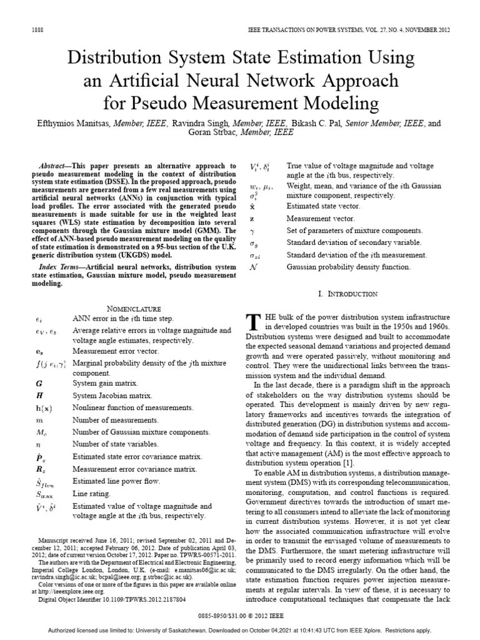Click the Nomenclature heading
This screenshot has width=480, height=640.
(135, 308)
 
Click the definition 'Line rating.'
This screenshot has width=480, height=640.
(91, 494)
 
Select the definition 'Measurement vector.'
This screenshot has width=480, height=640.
(320, 219)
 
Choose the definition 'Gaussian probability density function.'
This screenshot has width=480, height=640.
(348, 267)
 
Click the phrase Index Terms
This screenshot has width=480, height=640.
(64, 267)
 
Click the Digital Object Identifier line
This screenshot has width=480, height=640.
(111, 598)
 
